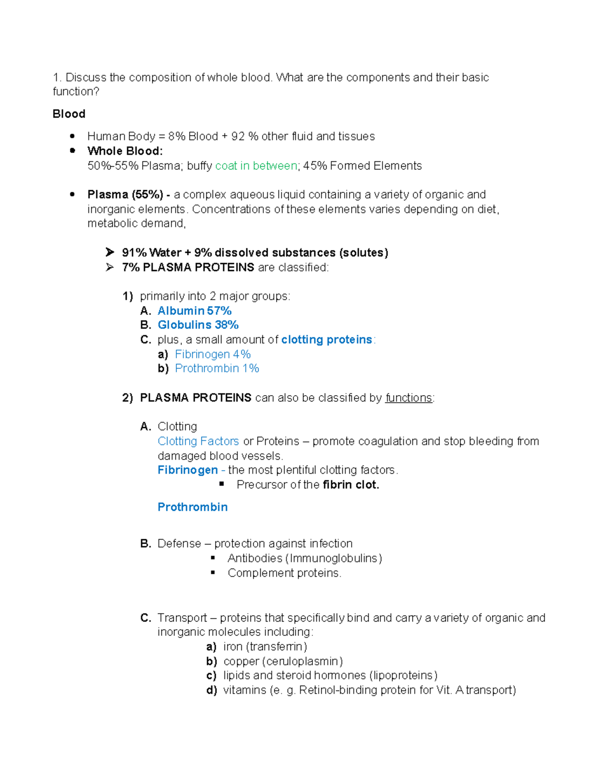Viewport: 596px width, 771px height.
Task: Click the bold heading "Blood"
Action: (69, 114)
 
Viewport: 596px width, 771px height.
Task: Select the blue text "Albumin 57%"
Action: (194, 311)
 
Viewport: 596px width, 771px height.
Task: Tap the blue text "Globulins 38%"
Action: (198, 325)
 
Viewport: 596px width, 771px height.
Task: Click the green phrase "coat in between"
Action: (256, 166)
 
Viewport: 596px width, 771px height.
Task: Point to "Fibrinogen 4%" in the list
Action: (213, 354)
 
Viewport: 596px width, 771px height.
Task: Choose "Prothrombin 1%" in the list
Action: (217, 368)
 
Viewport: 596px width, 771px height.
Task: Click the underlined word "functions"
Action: (408, 398)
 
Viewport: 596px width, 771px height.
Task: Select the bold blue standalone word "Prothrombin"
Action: (192, 507)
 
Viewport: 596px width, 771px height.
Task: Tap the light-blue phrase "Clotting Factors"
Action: (198, 441)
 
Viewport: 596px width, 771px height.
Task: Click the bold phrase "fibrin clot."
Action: (351, 485)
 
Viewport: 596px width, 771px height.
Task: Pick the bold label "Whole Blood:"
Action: (125, 151)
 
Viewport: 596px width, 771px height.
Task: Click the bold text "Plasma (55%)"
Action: (125, 195)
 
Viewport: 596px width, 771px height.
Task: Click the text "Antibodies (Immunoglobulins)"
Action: (304, 558)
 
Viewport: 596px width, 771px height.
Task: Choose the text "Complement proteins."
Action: (284, 573)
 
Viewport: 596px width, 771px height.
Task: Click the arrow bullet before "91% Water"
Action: (110, 253)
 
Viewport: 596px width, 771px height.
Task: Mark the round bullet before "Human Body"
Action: (73, 136)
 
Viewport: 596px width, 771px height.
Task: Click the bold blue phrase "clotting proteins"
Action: (326, 340)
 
